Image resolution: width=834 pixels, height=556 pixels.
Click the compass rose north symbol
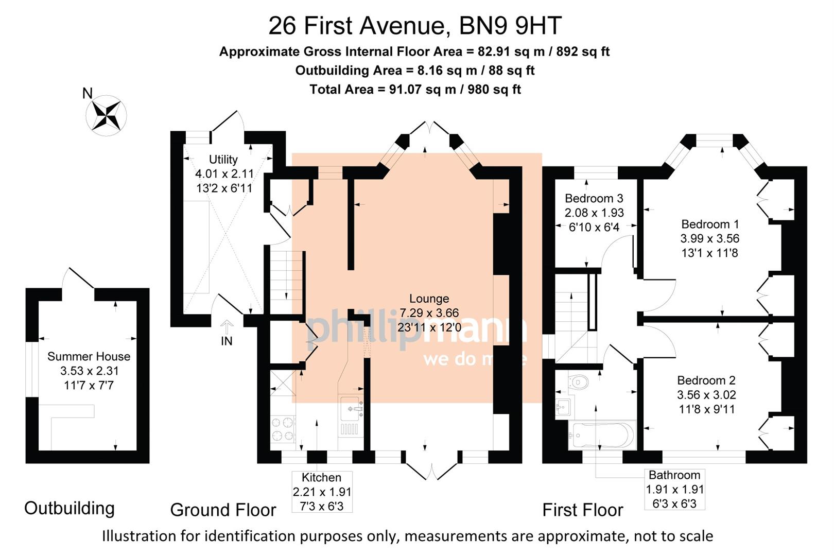click(x=109, y=115)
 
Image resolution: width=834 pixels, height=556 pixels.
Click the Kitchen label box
click(x=322, y=492)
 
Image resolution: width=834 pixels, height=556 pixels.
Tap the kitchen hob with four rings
click(x=283, y=429)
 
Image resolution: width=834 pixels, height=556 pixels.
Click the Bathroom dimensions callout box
click(x=674, y=489)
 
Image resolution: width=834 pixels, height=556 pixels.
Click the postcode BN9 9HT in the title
click(x=510, y=25)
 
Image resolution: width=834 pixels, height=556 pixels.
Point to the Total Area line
click(x=415, y=90)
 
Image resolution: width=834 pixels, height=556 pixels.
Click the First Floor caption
click(x=582, y=510)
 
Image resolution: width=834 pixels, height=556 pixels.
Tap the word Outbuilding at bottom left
click(x=69, y=508)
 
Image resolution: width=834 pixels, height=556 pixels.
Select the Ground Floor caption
click(x=223, y=510)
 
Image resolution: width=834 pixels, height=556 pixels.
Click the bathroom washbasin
click(x=563, y=407)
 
